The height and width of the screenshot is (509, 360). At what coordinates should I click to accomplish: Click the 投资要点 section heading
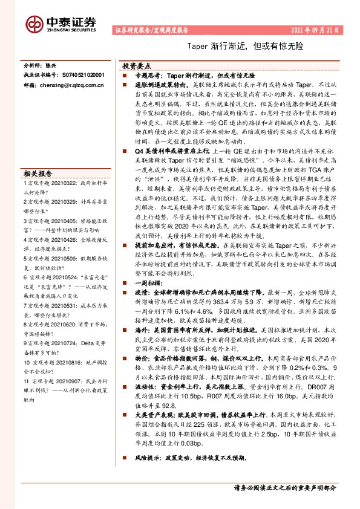coord(137,65)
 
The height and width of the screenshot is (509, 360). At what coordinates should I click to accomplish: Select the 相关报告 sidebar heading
coord(38,172)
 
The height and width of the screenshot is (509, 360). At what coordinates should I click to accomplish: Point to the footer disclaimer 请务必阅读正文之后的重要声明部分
coord(284,488)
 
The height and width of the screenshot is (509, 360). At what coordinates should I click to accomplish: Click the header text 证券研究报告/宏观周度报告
coord(151,30)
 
